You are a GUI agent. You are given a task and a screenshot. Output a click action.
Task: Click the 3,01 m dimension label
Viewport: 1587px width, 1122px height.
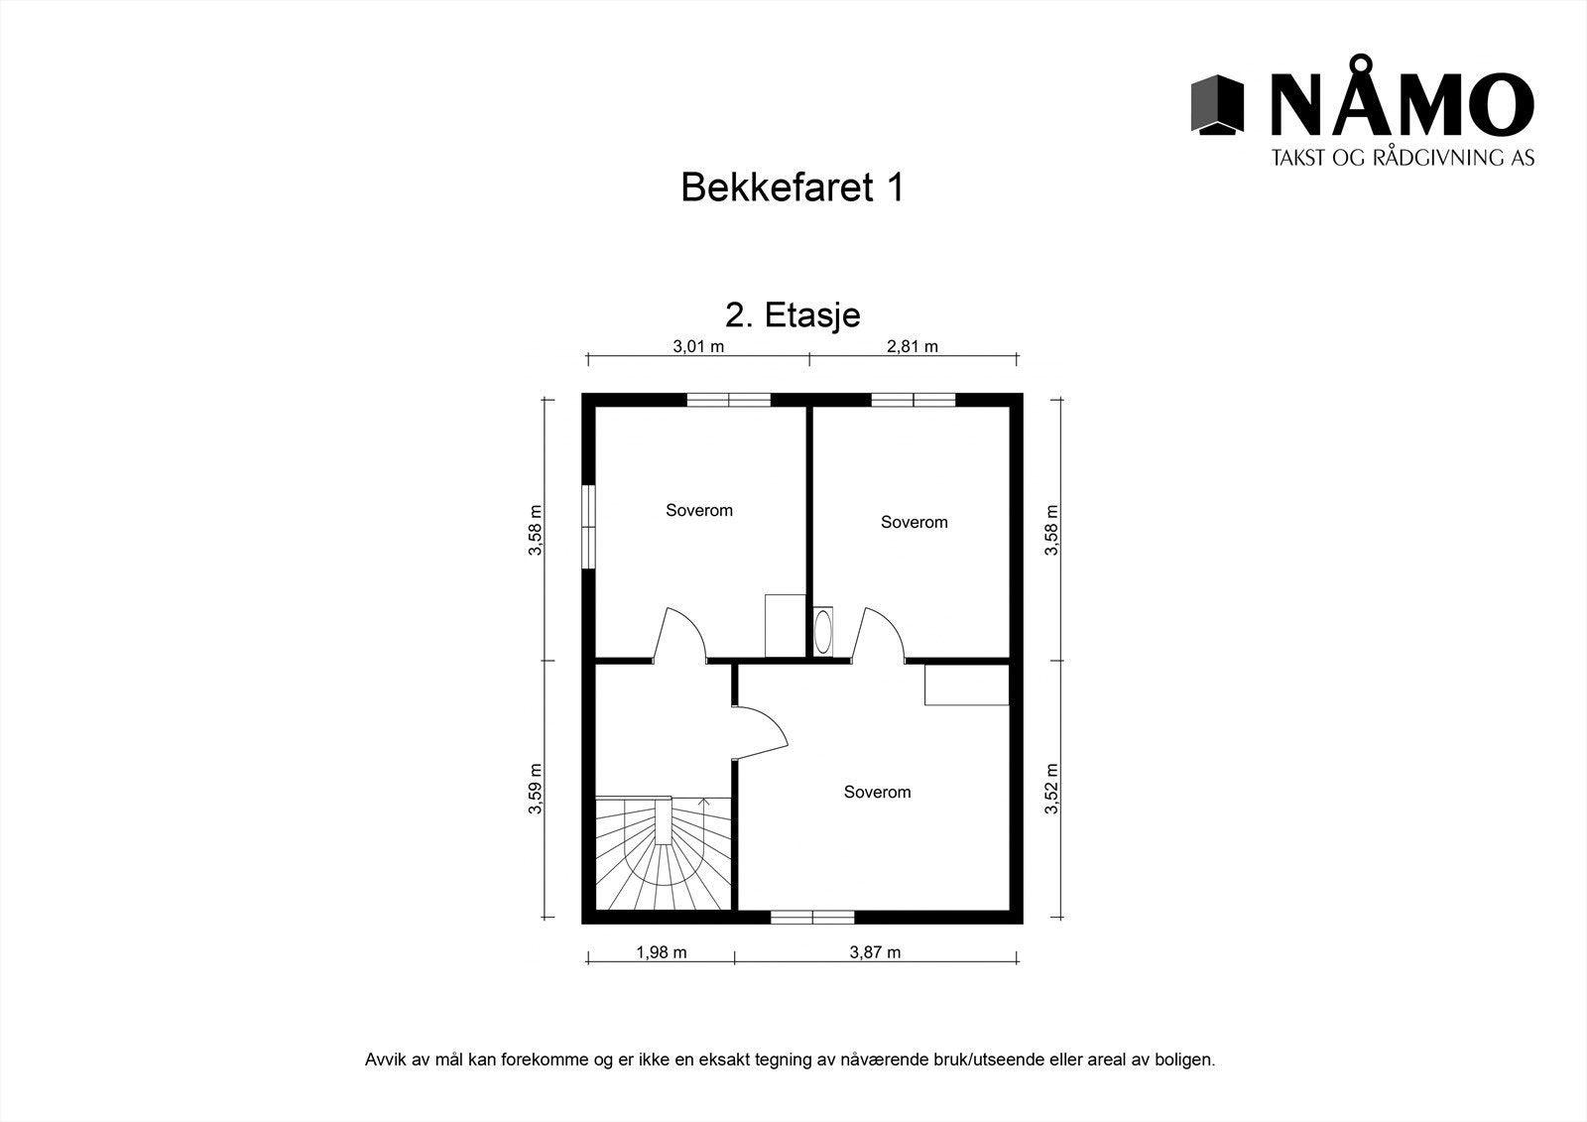[x=698, y=346]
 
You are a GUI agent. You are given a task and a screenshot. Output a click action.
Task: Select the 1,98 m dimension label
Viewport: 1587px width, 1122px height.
[x=661, y=952]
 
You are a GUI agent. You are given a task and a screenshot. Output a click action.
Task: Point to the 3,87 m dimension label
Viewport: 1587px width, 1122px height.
[x=875, y=952]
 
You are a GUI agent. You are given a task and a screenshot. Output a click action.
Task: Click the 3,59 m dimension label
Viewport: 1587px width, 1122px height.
[x=536, y=789]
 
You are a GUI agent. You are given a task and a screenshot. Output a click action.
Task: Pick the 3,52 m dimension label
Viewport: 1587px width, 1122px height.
[x=1052, y=789]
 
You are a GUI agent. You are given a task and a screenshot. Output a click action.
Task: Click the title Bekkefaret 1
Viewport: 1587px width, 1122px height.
[x=792, y=187]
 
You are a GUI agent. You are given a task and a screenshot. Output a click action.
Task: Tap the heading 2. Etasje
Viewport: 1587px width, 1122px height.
[x=793, y=314]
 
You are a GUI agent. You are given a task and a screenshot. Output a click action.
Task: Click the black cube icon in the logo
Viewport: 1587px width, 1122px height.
[x=1217, y=104]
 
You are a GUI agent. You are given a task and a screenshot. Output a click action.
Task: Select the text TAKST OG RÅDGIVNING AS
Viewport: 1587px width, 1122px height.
[x=1403, y=157]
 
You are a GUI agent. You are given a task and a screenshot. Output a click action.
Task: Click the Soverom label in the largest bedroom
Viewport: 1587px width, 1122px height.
[x=877, y=792]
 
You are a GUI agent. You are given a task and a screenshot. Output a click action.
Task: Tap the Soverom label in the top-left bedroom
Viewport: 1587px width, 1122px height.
[x=699, y=510]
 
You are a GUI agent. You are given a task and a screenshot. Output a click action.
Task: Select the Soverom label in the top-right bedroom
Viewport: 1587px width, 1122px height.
[x=914, y=522]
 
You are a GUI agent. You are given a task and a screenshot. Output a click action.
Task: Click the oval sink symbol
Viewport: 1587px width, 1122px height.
[x=823, y=631]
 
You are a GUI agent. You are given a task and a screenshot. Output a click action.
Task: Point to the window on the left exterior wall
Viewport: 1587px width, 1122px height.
[x=588, y=527]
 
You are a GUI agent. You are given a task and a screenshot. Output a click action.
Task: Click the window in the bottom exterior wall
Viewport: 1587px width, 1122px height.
[x=812, y=917]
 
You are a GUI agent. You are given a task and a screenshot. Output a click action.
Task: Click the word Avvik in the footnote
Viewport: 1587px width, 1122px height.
[x=384, y=1060]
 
